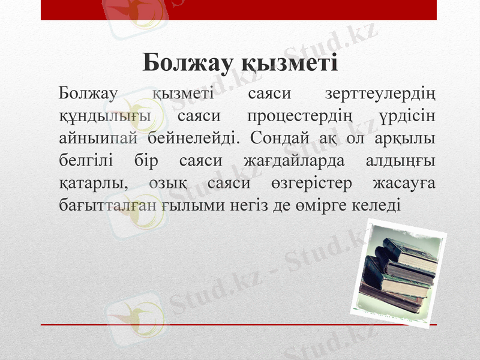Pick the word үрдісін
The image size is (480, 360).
(x=408, y=116)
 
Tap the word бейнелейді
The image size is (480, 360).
(x=192, y=138)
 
